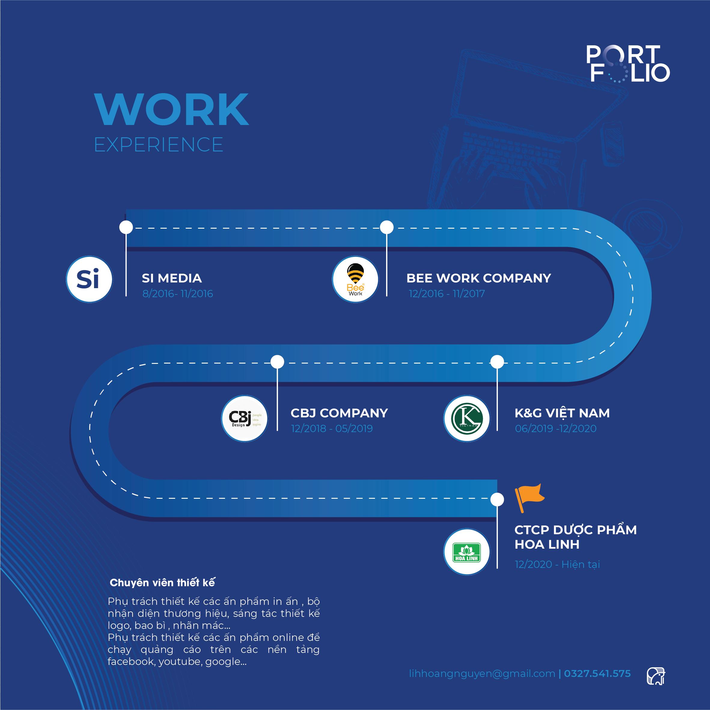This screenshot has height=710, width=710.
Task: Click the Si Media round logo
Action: [89, 279]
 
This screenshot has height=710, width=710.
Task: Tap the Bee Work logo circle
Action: [355, 279]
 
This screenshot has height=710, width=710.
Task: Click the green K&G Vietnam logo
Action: [466, 419]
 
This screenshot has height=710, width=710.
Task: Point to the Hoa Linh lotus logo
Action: [466, 552]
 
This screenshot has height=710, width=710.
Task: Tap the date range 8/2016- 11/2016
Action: [178, 294]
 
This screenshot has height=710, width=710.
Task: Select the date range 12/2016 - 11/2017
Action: [446, 294]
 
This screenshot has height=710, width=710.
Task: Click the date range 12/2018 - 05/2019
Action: [331, 428]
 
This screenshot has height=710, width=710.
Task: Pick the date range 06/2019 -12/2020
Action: [555, 428]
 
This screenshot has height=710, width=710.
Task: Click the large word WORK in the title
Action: [172, 109]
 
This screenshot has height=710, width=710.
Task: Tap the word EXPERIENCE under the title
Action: [159, 145]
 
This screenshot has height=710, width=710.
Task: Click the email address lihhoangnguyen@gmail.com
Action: [482, 674]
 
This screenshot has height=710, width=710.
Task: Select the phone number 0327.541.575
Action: [597, 674]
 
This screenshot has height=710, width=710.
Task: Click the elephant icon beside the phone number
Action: [656, 676]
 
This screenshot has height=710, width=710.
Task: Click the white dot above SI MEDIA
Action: [126, 227]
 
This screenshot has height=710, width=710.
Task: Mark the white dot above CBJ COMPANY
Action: [277, 362]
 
